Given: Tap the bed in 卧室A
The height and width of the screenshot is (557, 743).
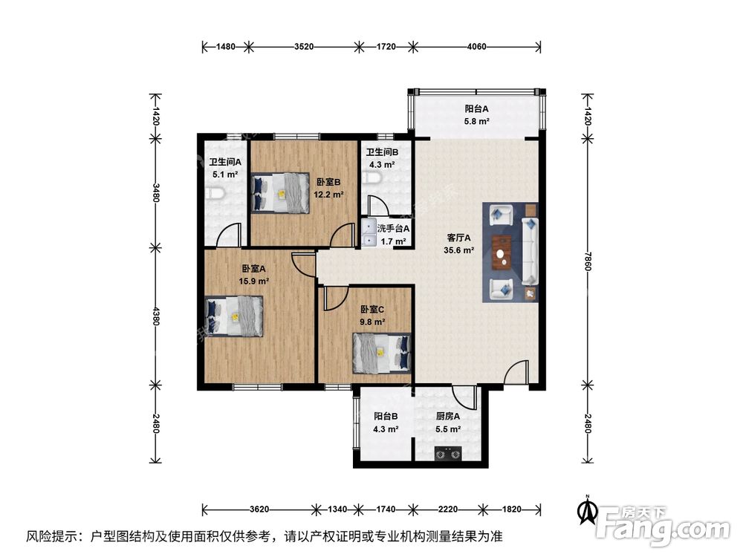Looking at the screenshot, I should [x=235, y=316].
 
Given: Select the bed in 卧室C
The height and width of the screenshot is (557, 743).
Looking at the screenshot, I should [x=381, y=351].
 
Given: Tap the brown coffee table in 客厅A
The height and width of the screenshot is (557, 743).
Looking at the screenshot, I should [x=503, y=250].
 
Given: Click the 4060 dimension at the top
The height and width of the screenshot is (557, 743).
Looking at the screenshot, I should [x=476, y=47].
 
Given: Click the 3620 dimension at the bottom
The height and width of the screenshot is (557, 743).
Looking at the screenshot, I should [x=259, y=510].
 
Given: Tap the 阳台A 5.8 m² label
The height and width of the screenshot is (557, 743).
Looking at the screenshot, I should [x=476, y=114].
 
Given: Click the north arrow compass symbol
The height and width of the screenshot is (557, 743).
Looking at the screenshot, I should [x=588, y=510].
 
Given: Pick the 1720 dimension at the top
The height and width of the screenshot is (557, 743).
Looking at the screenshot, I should [x=386, y=47].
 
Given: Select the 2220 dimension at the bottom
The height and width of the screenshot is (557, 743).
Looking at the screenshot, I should [x=445, y=510].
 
